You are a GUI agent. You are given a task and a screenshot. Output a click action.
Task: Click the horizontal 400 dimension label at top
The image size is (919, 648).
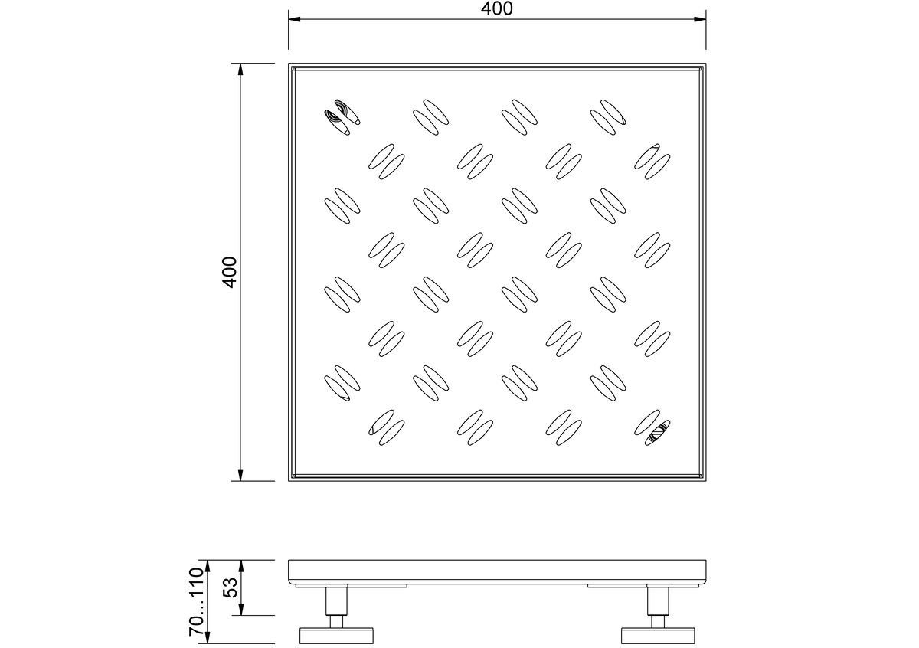(x=496, y=8)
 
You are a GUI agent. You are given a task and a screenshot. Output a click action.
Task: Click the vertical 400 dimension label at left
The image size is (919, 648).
(x=230, y=273)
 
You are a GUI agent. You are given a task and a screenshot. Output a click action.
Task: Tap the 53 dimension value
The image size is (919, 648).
(x=231, y=587)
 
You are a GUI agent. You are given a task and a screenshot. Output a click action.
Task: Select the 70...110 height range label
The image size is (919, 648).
(x=197, y=601)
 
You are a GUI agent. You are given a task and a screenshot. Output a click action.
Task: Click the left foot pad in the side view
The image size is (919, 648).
(x=336, y=636)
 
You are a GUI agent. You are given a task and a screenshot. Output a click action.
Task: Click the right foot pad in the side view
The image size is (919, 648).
(x=658, y=636)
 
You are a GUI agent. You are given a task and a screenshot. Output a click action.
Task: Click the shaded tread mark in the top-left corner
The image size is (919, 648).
(x=342, y=117)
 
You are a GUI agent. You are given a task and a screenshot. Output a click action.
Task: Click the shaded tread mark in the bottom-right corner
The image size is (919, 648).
(x=652, y=427)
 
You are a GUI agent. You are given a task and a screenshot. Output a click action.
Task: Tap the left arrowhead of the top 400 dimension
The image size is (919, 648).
(x=294, y=19)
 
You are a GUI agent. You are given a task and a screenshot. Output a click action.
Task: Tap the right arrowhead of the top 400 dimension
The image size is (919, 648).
(x=700, y=19)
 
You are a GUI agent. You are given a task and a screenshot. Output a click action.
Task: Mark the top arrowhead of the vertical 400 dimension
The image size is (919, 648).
(x=240, y=70)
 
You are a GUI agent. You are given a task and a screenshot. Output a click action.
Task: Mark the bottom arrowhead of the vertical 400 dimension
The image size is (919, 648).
(x=240, y=475)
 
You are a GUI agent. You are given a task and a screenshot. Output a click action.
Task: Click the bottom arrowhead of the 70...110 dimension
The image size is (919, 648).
(x=208, y=637)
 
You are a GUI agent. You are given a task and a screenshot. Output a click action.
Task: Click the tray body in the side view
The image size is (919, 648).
(x=497, y=571)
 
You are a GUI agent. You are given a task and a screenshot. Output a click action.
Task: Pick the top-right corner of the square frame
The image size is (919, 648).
(x=706, y=64)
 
